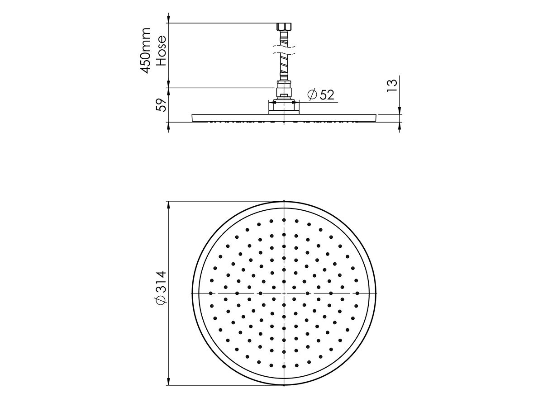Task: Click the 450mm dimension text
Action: click(146, 50)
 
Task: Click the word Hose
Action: click(161, 51)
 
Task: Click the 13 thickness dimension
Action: click(393, 85)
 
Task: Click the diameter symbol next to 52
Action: click(312, 95)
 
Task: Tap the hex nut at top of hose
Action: click(284, 27)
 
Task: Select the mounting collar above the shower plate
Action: click(284, 106)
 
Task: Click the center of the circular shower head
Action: click(284, 293)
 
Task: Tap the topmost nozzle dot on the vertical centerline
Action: click(284, 220)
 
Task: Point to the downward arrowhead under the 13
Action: click(399, 111)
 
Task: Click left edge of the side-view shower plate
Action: click(193, 118)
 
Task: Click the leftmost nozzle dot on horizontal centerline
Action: click(211, 293)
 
